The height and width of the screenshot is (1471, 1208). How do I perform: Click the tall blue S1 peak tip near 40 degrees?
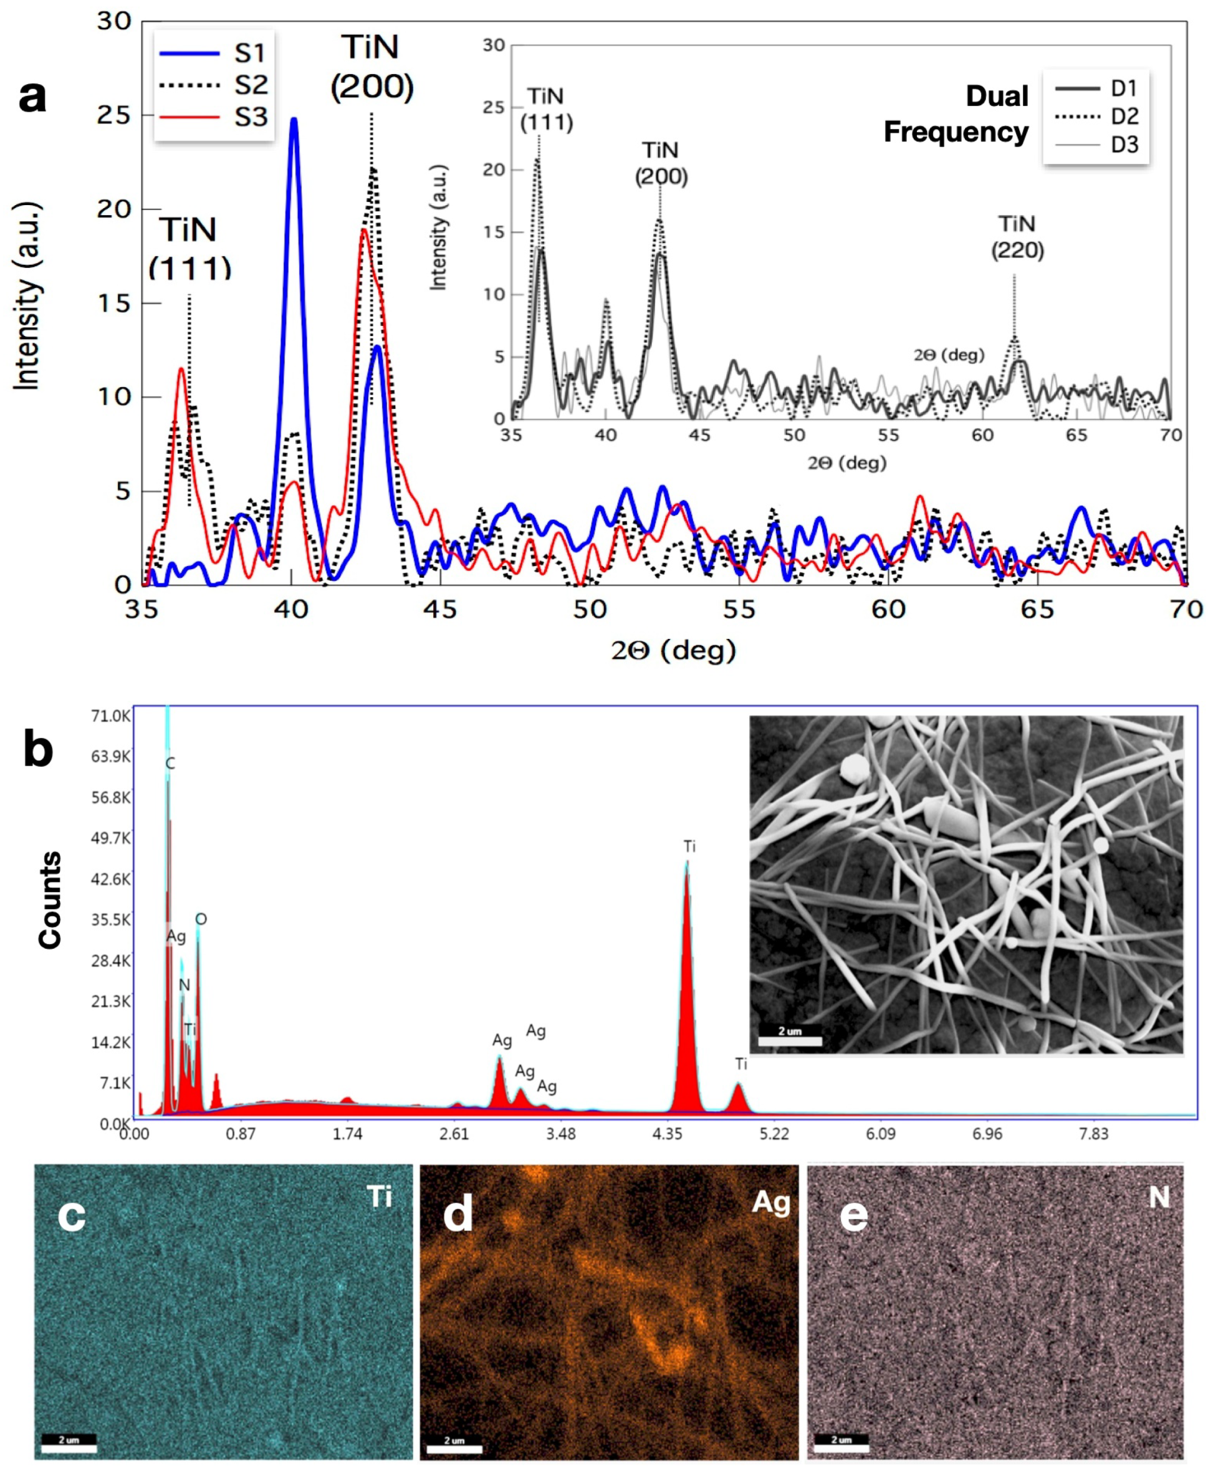[x=294, y=120]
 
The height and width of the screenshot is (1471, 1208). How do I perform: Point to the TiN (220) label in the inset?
[x=1017, y=237]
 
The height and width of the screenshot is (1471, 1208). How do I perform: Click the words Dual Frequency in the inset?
[x=956, y=114]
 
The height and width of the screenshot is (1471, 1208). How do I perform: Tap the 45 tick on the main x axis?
[x=440, y=610]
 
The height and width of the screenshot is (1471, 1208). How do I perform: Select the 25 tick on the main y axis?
[x=113, y=115]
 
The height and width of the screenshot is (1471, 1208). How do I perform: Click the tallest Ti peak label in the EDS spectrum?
[x=689, y=847]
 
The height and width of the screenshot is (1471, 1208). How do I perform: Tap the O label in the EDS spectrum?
[x=201, y=919]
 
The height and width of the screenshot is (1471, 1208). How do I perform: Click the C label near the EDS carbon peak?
[x=171, y=764]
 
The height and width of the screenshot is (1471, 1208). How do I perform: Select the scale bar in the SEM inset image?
[x=790, y=1041]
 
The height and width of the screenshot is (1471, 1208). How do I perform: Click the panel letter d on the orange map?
[x=458, y=1214]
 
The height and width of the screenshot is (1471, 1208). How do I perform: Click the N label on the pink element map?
[x=1159, y=1197]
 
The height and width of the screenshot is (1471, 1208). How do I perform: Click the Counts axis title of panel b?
[x=50, y=899]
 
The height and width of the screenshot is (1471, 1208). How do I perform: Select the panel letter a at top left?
[x=32, y=96]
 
